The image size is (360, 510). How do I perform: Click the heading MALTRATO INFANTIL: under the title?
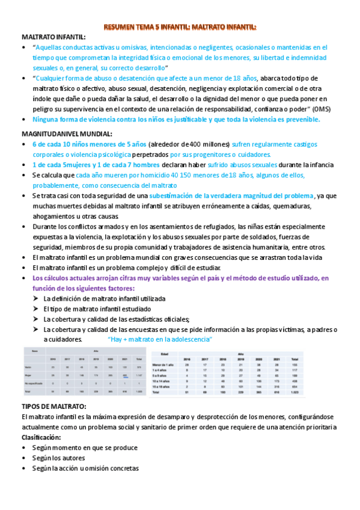click(x=53, y=37)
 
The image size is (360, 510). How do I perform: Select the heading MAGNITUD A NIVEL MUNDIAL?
click(x=66, y=133)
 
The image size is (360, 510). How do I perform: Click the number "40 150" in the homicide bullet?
click(x=206, y=175)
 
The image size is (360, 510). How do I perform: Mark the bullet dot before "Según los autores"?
click(x=25, y=458)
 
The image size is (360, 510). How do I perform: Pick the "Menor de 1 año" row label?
click(x=163, y=365)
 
